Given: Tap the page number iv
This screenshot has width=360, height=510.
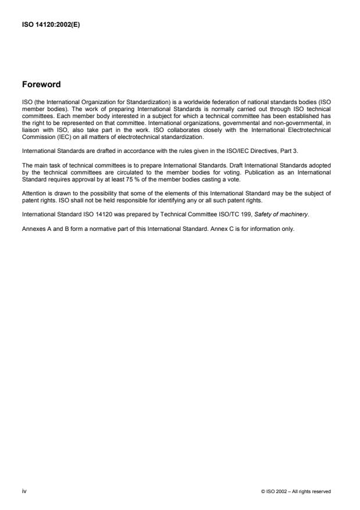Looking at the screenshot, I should pyautogui.click(x=24, y=491).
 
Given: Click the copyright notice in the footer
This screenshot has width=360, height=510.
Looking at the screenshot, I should pyautogui.click(x=296, y=491).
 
